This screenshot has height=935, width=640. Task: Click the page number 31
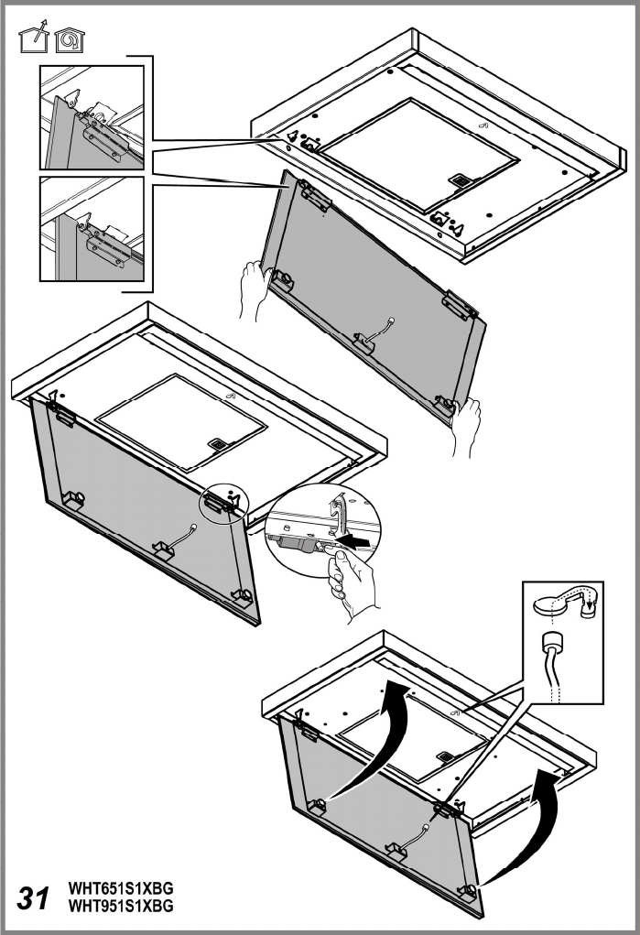click(x=33, y=898)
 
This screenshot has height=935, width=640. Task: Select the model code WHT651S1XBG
click(x=121, y=890)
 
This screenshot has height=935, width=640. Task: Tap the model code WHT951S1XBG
click(x=121, y=906)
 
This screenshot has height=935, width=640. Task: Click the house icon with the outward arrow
click(x=34, y=37)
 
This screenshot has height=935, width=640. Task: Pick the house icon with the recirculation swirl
click(x=70, y=40)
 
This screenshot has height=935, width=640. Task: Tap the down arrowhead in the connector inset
click(x=589, y=609)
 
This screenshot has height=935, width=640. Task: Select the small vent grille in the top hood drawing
click(x=460, y=180)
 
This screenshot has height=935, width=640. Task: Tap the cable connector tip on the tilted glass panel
click(x=391, y=321)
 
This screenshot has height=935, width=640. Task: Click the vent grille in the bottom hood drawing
click(x=446, y=756)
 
